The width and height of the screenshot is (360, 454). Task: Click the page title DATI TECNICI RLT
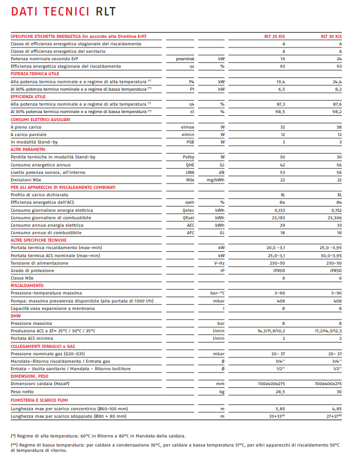[x=63, y=11]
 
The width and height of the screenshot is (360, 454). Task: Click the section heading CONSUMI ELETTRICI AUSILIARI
[x=41, y=120]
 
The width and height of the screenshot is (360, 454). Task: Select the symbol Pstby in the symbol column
[x=188, y=157]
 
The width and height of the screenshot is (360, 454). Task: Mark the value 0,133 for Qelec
[x=279, y=210]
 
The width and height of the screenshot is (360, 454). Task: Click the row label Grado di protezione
[x=32, y=270]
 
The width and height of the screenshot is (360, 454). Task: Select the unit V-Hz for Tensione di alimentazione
[x=218, y=263]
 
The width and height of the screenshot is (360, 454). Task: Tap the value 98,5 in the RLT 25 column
[x=281, y=112]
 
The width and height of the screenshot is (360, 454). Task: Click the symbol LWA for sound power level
[x=190, y=172]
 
